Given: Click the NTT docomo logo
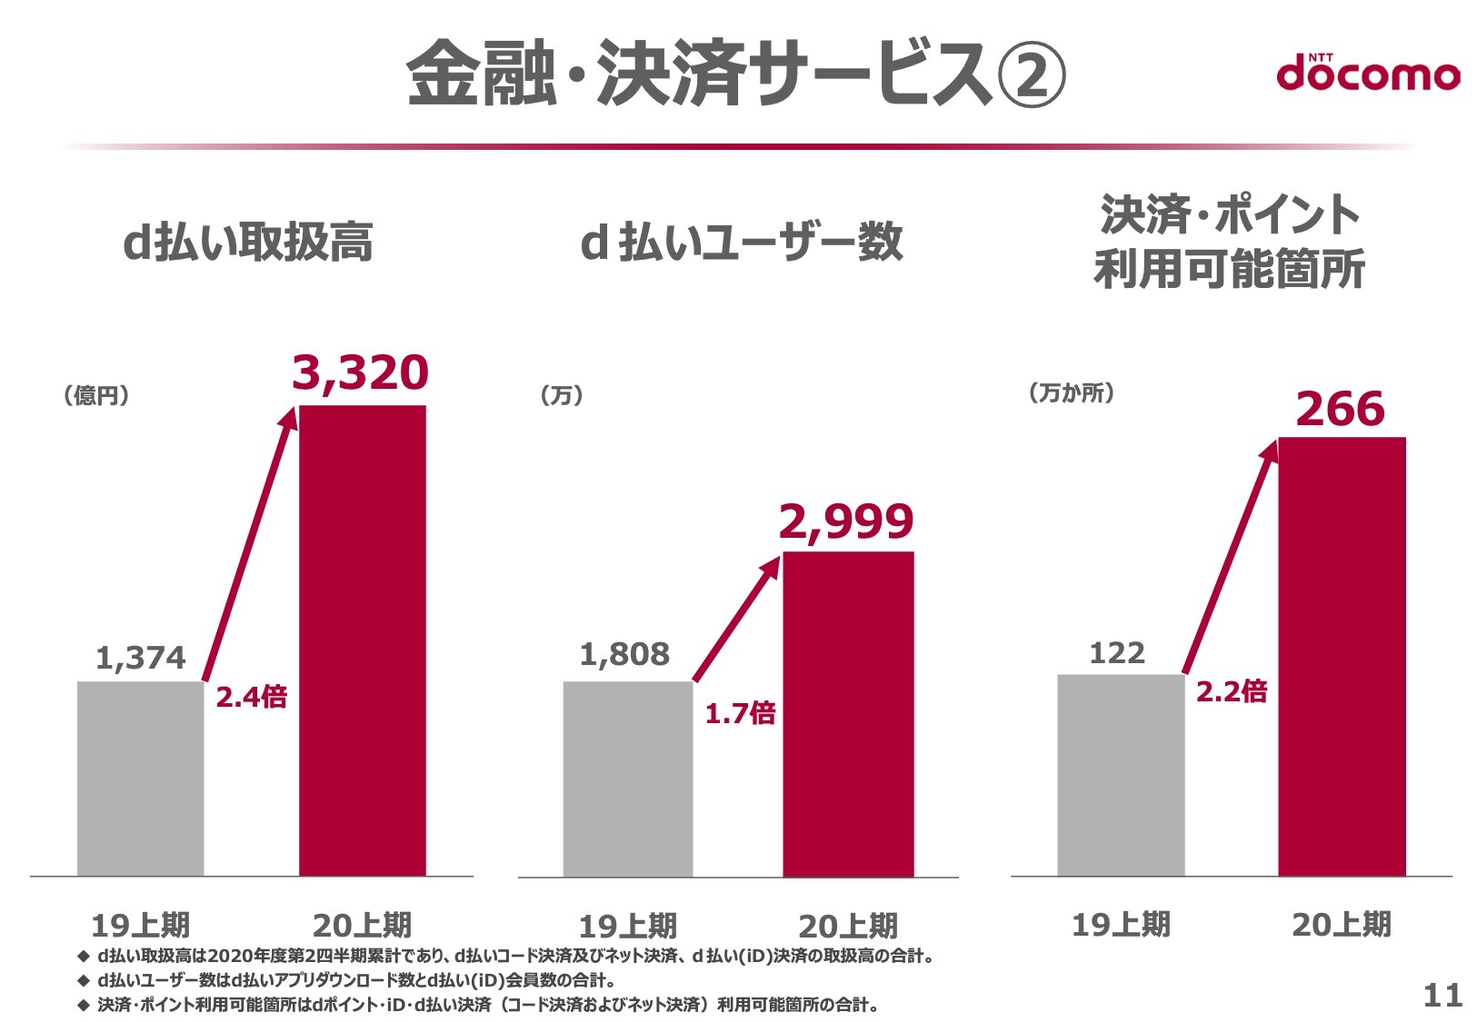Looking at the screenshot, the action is [x=1368, y=73].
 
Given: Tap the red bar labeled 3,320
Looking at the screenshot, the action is [x=363, y=640].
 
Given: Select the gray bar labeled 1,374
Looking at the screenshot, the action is [x=141, y=779].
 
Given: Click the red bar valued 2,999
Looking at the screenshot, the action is [x=849, y=714].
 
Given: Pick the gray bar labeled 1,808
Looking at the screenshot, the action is [x=628, y=779].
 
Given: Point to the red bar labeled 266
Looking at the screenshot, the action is [x=1342, y=656].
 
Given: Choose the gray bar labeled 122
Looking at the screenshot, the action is [x=1121, y=775].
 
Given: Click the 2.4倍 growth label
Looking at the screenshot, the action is [x=251, y=697].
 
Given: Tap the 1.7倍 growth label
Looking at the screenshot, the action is [x=740, y=713].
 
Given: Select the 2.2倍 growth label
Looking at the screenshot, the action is [x=1232, y=691].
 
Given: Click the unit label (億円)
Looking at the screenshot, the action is [x=95, y=395].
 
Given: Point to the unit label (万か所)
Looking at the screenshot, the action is [x=1072, y=392].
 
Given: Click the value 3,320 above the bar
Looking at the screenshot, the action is [x=360, y=373].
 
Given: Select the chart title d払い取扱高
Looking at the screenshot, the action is [x=248, y=242].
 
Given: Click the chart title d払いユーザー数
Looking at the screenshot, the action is [x=741, y=242].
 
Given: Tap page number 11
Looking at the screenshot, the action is [x=1442, y=996].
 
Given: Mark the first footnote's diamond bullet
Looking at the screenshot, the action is [x=83, y=956].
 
